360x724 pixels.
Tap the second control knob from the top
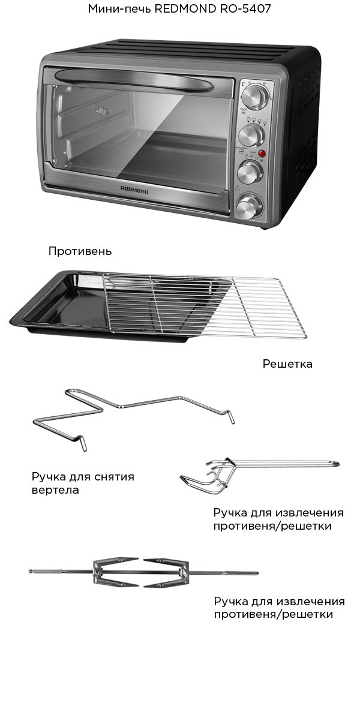251,136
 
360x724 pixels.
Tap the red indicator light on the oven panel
261,154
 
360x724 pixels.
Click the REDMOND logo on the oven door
134,189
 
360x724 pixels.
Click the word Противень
80,251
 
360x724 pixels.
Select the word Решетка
287,364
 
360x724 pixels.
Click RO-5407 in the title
245,9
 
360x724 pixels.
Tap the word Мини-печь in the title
120,9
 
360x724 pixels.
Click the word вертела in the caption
55,490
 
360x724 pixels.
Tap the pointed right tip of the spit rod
257,573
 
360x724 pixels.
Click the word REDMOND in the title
185,9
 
